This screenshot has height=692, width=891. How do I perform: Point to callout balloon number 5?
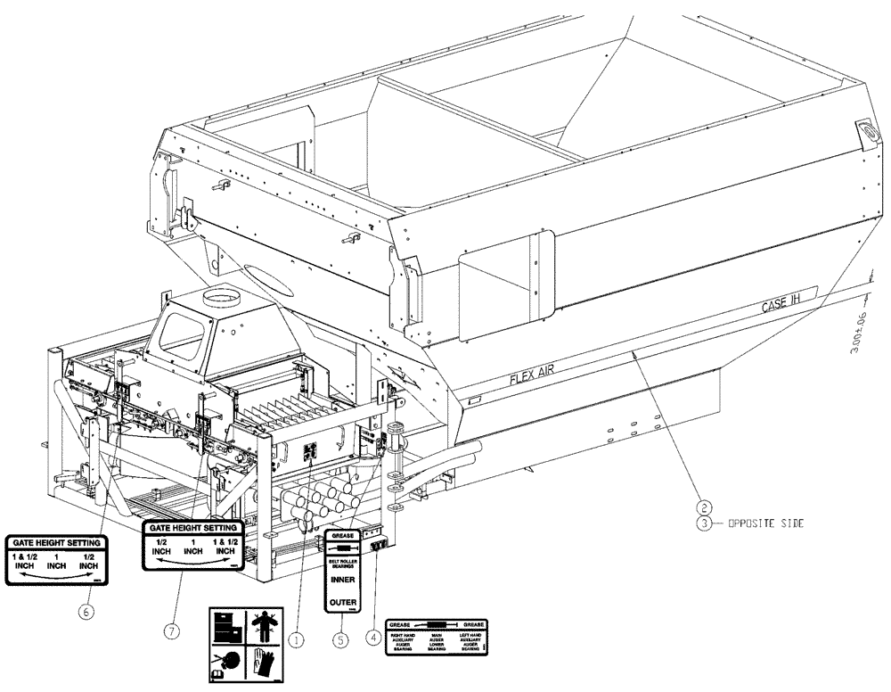pyautogui.click(x=339, y=638)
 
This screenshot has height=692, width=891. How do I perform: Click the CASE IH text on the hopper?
pyautogui.click(x=782, y=305)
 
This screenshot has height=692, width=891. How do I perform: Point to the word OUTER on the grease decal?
pyautogui.click(x=343, y=603)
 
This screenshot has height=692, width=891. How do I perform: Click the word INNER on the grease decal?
pyautogui.click(x=343, y=579)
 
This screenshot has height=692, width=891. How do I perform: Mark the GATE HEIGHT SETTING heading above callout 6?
pyautogui.click(x=56, y=541)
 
